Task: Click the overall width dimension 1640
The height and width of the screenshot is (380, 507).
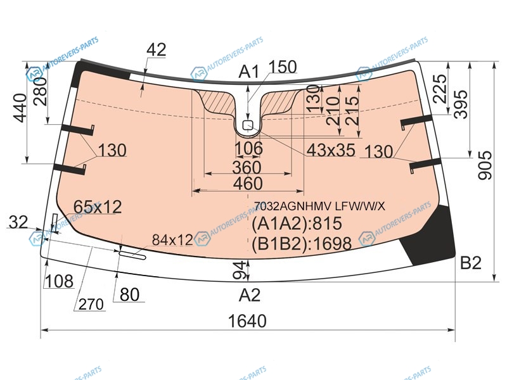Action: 247,321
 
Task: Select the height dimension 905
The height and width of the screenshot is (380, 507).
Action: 485,165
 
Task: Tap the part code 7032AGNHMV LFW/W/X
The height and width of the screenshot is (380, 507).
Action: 319,206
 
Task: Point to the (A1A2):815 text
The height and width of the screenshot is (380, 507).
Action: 297,224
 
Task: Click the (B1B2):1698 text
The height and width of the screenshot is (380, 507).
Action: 302,243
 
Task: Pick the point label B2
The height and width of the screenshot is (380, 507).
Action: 471,263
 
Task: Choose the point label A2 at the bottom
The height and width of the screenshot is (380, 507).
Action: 249,295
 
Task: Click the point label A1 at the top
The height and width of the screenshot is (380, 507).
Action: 248,72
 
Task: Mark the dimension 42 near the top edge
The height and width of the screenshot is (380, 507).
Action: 156,50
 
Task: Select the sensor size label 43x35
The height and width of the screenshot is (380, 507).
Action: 331,150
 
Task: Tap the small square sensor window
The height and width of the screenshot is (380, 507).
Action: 248,125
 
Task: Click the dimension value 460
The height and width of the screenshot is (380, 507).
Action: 248,184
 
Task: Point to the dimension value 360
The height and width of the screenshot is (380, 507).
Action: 247,167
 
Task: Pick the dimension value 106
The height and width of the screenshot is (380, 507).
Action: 248,148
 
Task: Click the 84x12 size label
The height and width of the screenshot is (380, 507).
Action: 172,240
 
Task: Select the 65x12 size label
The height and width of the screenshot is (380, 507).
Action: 98,207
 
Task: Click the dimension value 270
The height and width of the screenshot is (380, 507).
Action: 91,304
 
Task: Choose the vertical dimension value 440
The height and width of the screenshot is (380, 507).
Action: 20,108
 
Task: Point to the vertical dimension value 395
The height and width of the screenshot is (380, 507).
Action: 461,104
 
